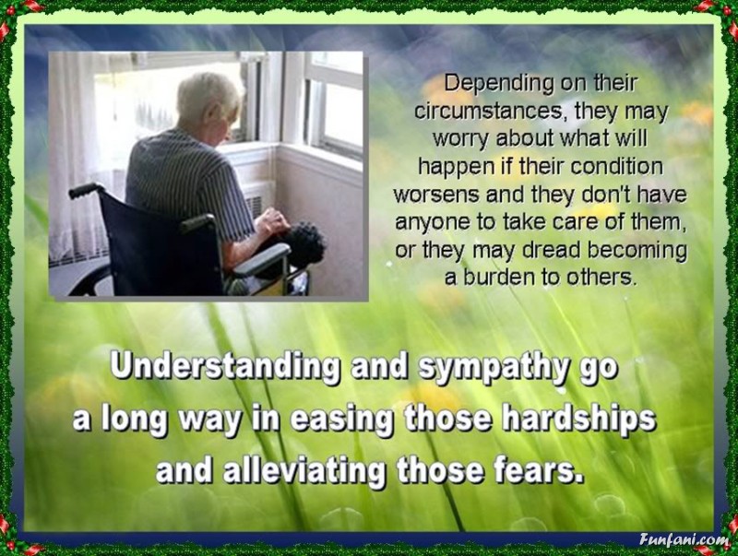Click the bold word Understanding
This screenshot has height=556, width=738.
coord(225,367)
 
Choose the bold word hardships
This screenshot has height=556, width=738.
coord(578,419)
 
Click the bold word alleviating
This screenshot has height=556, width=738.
coord(304,469)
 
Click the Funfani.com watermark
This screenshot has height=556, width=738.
coord(684,539)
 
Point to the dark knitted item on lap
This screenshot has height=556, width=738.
coord(300,244)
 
